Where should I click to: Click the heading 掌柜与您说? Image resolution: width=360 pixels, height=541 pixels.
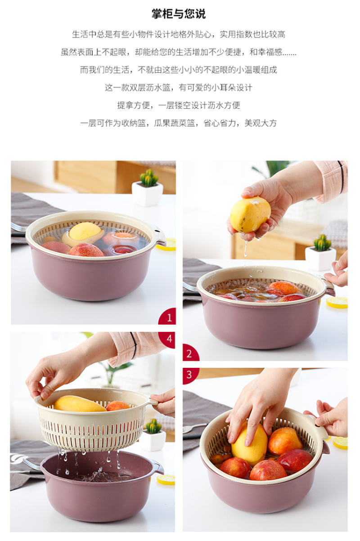(179, 14)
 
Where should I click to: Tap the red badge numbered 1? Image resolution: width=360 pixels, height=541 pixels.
(168, 317)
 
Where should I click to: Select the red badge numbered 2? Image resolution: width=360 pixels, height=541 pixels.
(191, 353)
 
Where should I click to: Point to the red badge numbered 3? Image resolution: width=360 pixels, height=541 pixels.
(190, 376)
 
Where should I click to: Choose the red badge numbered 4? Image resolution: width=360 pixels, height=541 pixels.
(168, 340)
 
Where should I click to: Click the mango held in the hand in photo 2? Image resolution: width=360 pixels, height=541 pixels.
(250, 215)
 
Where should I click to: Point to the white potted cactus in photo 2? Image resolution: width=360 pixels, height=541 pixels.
(320, 252)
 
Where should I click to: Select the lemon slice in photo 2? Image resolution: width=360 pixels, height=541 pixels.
(337, 302)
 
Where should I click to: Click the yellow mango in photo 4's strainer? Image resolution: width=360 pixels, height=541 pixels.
(79, 403)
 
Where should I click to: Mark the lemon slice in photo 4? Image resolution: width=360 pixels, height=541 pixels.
(166, 479)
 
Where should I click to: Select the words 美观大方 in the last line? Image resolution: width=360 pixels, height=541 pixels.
(261, 123)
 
